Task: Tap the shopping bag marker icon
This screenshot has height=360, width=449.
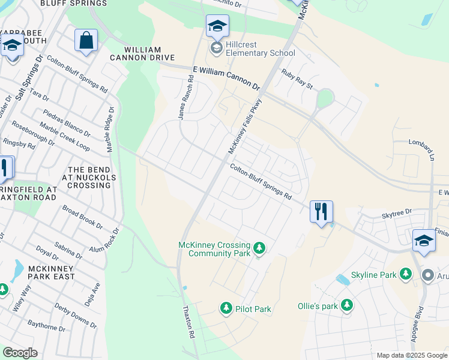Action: pos(86,41)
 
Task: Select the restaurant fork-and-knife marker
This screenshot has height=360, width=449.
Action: pos(321,212)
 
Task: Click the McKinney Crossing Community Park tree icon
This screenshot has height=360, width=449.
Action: pos(259,247)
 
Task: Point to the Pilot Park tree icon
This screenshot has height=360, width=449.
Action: pos(226,308)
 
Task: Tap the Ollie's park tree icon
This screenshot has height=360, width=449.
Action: pos(346,305)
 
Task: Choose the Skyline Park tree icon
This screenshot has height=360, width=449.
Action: pos(406,274)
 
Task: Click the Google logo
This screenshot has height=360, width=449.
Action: pos(20,352)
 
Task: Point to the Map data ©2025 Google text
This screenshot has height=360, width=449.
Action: pos(411,355)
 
